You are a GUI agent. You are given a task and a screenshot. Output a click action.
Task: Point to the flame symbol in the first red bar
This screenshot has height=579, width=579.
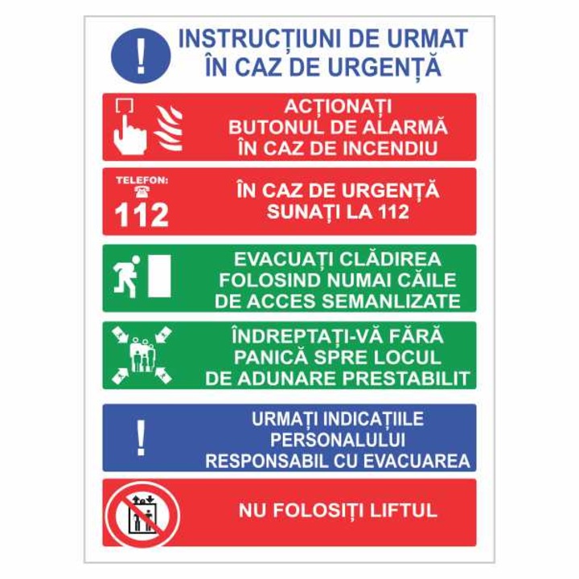169,127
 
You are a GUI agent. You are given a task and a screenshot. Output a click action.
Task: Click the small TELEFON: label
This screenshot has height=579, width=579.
142,180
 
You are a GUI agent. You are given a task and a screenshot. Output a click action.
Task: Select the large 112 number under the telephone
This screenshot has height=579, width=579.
142,215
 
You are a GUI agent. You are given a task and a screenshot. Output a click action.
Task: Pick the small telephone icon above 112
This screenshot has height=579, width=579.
142,192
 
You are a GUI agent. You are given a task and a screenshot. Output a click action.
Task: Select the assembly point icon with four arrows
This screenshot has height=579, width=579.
142,354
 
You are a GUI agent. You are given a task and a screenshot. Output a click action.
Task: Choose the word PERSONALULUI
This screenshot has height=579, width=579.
338,441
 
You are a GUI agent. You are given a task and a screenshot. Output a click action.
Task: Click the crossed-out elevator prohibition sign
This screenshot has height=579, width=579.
142,513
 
